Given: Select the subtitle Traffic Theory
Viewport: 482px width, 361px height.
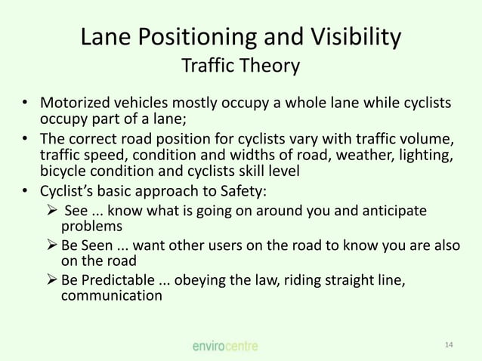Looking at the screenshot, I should click(240, 67).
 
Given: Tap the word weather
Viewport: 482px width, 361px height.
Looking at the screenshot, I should click(366, 154).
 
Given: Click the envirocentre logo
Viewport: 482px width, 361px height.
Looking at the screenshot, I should click(224, 346).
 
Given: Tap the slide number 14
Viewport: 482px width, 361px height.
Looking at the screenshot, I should click(449, 345).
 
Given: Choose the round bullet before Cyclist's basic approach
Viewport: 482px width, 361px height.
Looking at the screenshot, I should click(25, 190).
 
